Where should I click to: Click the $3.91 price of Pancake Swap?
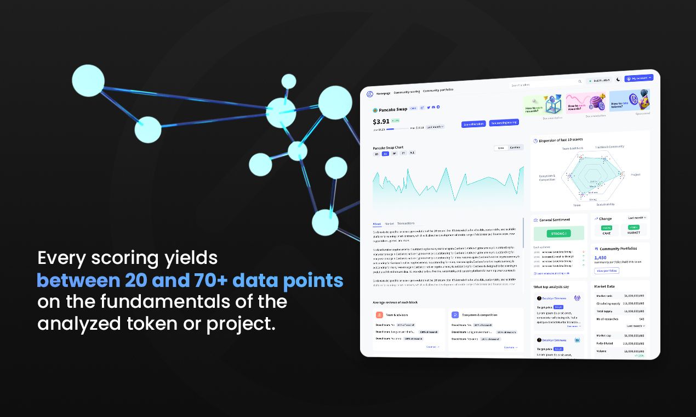[x=381, y=122]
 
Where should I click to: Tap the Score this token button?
[x=473, y=124]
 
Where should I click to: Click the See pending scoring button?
[x=504, y=123]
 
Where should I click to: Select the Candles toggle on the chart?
[x=515, y=148]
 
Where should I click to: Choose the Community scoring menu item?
[x=407, y=92]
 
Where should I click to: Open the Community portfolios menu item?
[x=438, y=90]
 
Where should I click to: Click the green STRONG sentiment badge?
[x=558, y=234]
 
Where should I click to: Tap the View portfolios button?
[x=607, y=271]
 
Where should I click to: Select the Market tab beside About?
[x=389, y=224]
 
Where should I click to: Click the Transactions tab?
[x=406, y=223]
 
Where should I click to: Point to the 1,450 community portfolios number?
[x=600, y=257]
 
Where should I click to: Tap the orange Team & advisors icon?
[x=379, y=315]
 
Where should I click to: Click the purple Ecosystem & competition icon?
[x=455, y=315]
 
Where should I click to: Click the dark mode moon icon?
[x=618, y=79]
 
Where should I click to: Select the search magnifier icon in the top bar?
[x=580, y=81]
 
